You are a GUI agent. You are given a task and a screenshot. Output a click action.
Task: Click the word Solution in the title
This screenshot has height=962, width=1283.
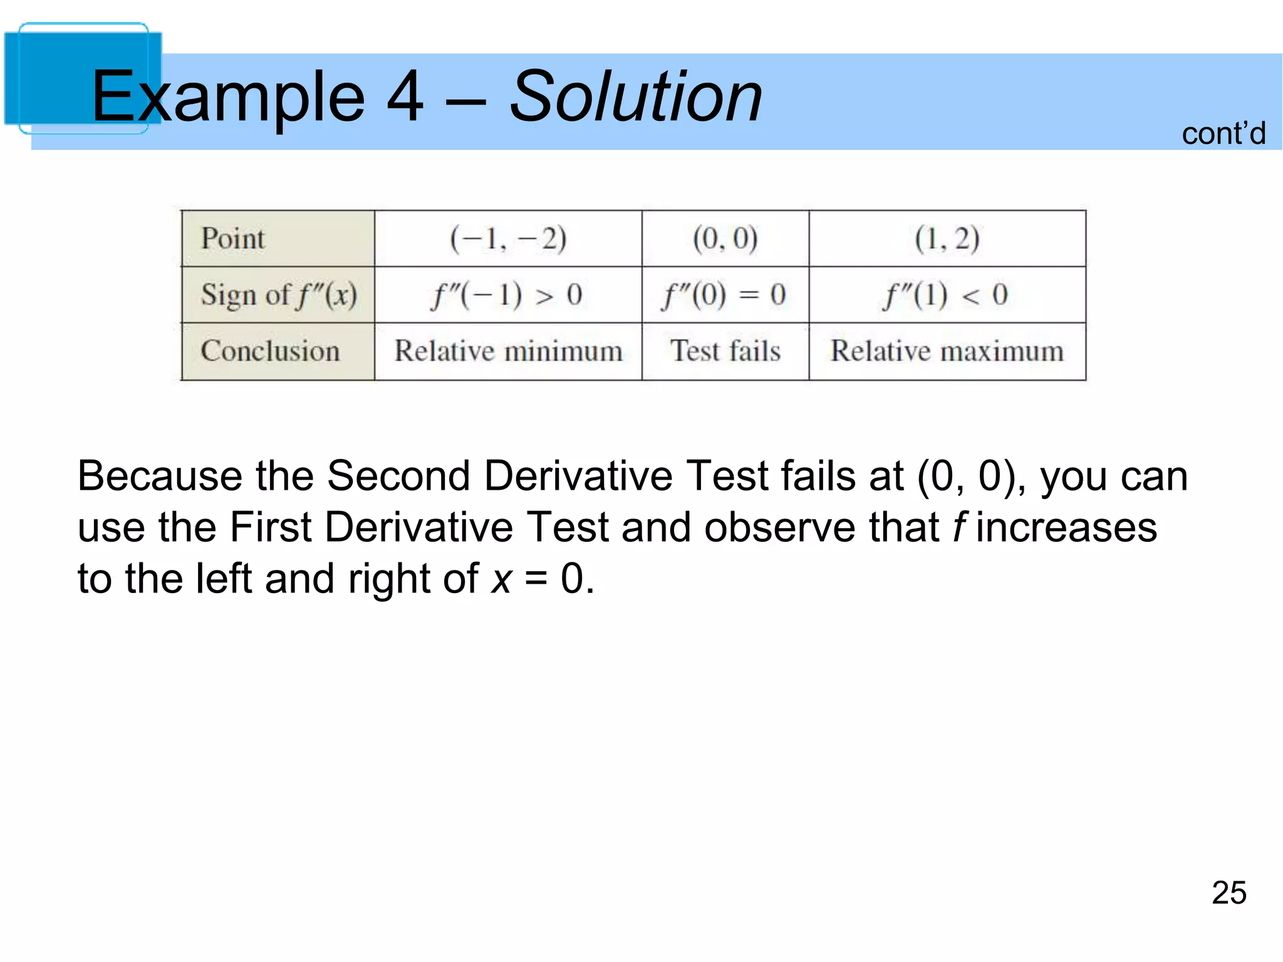635,97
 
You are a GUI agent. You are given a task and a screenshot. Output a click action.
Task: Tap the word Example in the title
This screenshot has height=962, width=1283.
228,97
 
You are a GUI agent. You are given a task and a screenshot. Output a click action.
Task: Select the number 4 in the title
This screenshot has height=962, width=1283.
405,97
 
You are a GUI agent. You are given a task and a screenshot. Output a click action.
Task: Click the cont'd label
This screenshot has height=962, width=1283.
1223,133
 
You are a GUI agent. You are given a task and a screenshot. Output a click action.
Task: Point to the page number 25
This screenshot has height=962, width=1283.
1228,892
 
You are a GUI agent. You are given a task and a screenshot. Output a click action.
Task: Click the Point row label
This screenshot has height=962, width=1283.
232,239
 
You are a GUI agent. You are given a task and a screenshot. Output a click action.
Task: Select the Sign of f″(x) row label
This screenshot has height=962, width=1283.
279,295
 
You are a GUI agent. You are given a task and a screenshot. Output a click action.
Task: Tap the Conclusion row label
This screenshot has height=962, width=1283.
270,351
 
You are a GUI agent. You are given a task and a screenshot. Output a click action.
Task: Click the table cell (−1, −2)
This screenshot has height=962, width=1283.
508,239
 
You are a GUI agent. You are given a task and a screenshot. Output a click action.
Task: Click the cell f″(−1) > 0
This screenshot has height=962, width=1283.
507,295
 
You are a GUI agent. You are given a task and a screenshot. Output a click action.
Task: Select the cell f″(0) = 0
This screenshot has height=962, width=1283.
725,295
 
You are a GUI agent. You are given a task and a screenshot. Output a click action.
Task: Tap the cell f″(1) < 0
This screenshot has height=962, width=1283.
947,295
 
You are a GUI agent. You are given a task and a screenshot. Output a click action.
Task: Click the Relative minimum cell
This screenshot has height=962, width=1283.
508,351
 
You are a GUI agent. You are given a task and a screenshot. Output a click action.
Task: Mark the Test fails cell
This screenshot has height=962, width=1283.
725,351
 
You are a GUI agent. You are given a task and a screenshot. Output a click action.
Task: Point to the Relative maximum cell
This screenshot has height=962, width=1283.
947,351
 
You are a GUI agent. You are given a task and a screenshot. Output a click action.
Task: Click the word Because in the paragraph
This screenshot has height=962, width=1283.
159,476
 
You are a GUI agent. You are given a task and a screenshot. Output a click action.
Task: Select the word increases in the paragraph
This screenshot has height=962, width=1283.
1066,527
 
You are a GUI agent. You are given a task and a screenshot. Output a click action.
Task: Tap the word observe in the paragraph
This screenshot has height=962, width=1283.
779,527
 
